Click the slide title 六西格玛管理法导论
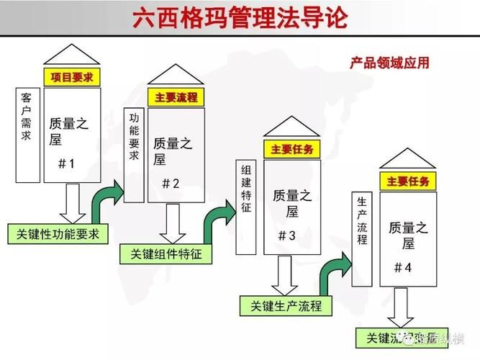click(240, 17)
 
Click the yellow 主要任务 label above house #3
click(291, 150)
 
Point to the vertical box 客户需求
click(27, 135)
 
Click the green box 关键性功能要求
click(58, 234)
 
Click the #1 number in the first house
click(66, 163)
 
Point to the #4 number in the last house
click(403, 267)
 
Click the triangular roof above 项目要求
click(72, 55)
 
